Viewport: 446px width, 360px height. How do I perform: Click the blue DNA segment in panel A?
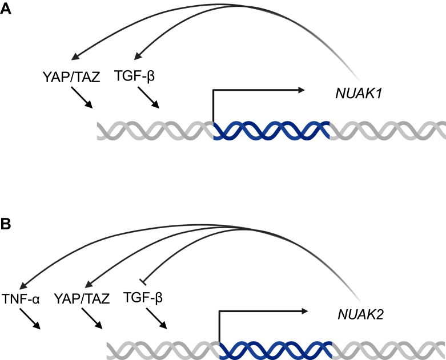point(271,131)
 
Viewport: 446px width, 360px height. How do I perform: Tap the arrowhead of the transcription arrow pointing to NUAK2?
point(305,312)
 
